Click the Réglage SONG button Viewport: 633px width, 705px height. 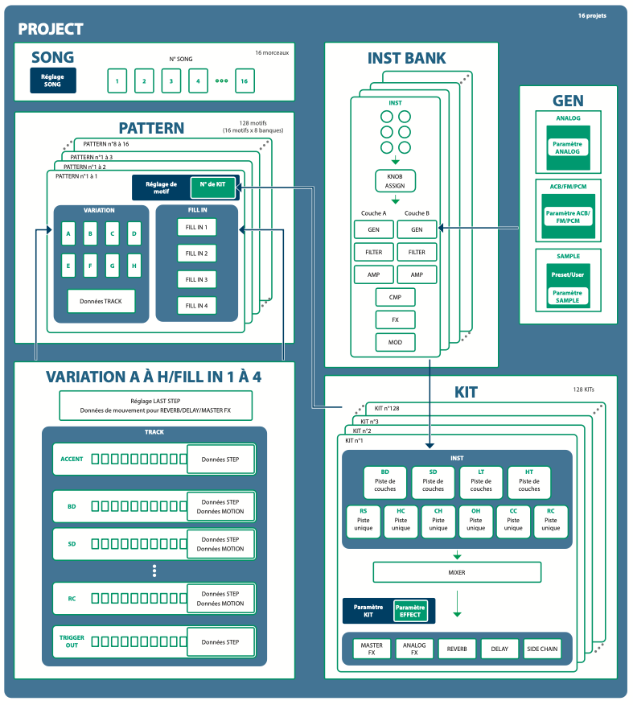tap(52, 80)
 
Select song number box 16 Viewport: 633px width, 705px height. tap(244, 80)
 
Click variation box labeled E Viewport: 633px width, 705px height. tap(68, 264)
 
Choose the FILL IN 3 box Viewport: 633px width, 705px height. tap(196, 279)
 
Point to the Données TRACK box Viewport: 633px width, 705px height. tap(101, 302)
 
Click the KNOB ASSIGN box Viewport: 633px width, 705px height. tap(395, 180)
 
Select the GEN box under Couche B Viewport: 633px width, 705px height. tap(417, 229)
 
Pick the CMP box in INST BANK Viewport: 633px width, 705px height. tap(395, 297)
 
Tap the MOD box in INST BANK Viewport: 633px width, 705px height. tap(395, 342)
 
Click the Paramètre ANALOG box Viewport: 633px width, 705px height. tap(567, 147)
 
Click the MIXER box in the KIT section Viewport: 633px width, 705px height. tap(456, 572)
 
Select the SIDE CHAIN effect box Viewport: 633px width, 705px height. tap(543, 649)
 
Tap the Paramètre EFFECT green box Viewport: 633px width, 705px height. tap(410, 611)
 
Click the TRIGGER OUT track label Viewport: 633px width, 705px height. tap(72, 641)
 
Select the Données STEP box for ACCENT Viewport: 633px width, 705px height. tap(220, 460)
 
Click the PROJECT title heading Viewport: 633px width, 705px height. tap(51, 29)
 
